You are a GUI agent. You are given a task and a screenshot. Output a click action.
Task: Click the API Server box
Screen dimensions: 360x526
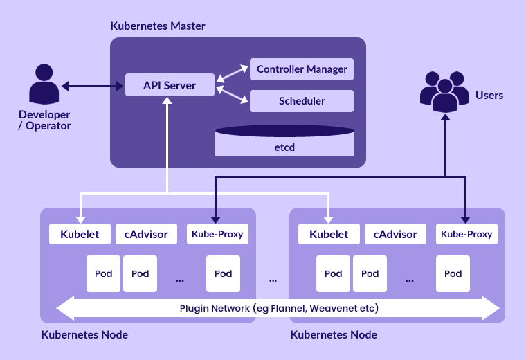(170, 86)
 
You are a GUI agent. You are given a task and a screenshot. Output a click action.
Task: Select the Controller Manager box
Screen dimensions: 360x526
(301, 69)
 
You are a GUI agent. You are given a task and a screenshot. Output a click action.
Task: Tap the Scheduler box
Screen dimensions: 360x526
(301, 101)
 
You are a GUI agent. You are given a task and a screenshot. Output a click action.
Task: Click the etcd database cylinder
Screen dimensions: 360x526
(284, 141)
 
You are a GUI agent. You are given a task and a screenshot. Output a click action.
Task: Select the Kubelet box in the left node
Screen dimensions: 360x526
(79, 234)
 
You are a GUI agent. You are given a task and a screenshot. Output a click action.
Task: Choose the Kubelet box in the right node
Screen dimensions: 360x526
(329, 234)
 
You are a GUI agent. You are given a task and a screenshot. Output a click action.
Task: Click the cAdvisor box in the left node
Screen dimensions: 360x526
(146, 234)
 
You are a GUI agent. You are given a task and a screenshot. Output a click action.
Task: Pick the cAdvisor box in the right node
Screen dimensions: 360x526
(395, 234)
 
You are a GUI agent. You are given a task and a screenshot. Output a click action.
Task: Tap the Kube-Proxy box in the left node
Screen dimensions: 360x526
(217, 234)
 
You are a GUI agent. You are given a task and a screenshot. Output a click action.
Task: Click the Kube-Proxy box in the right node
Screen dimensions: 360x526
(466, 234)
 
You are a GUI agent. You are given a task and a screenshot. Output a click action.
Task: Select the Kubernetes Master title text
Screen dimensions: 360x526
(158, 26)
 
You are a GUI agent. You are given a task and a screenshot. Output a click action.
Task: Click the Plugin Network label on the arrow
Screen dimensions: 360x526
(279, 307)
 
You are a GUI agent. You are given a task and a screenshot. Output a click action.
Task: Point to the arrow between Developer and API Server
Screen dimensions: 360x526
(92, 87)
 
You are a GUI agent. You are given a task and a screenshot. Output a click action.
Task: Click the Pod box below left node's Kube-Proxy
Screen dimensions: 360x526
(223, 273)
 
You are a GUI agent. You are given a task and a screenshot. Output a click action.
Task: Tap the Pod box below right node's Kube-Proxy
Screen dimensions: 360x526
(453, 273)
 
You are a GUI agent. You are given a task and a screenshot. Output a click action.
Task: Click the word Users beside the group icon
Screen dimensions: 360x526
(489, 95)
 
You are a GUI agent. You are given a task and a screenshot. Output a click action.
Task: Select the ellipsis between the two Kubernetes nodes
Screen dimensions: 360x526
(273, 280)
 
